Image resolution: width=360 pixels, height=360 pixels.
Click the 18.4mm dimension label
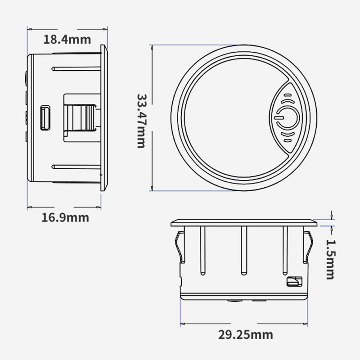click(x=67, y=39)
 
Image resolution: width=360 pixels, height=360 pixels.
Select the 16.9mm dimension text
click(x=65, y=217)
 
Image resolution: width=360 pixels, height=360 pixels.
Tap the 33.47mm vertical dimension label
click(x=141, y=121)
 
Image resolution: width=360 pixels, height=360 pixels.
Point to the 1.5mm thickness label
click(x=331, y=260)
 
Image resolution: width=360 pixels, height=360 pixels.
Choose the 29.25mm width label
click(x=245, y=335)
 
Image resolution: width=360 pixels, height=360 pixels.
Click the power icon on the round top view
click(x=287, y=117)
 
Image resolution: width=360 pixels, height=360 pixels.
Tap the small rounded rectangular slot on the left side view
click(x=45, y=118)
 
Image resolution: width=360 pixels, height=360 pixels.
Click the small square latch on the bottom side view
click(x=294, y=282)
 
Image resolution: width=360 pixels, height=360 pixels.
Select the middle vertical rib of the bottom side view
click(x=243, y=251)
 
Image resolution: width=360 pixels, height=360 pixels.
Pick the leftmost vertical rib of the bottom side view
click(x=203, y=251)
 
